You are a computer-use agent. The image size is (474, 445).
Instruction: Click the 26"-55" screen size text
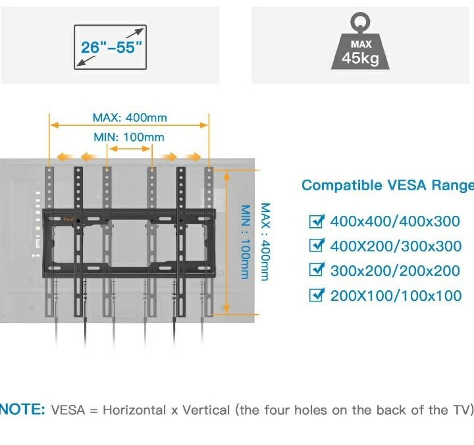(111, 47)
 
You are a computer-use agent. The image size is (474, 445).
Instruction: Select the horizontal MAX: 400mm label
(130, 118)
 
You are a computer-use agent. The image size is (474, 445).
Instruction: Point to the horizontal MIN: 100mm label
(129, 137)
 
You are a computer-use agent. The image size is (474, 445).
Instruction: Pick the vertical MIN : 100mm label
(246, 241)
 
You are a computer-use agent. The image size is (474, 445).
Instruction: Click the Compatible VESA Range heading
(387, 186)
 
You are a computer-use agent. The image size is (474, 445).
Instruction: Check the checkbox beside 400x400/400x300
(317, 221)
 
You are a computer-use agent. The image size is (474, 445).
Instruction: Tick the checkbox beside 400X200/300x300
(317, 246)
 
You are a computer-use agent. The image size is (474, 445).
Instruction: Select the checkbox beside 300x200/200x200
(317, 271)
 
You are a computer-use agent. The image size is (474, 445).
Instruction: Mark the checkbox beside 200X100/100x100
(317, 296)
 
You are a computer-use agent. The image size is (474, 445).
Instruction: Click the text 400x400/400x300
(395, 222)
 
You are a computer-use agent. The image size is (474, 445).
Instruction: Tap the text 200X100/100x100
(396, 296)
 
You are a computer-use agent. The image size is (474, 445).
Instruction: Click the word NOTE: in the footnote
(22, 410)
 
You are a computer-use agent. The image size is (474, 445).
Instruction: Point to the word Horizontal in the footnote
(134, 410)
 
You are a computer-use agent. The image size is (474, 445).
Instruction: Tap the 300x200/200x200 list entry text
(395, 271)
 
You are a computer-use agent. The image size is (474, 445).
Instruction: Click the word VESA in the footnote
(66, 410)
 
